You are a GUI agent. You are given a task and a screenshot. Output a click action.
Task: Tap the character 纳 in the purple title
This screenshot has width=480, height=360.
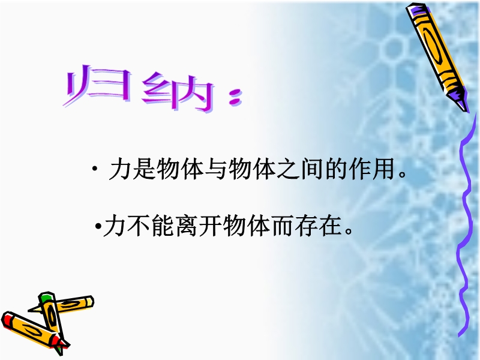(178, 91)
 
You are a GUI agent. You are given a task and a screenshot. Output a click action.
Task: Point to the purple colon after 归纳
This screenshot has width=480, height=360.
(236, 98)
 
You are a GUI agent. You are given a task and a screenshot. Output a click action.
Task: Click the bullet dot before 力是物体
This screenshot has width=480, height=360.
(95, 169)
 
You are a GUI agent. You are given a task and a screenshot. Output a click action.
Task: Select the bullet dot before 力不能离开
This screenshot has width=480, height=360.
(98, 227)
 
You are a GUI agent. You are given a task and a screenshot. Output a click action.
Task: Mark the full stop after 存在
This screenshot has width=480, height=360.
(349, 232)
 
